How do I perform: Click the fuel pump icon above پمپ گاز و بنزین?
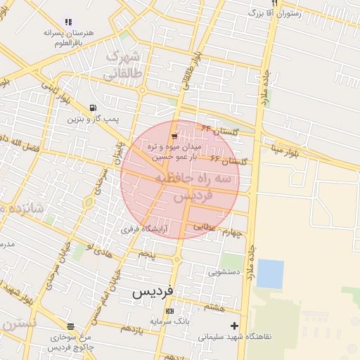pos(94,108)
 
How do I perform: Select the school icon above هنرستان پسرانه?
pos(68,22)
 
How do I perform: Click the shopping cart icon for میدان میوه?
pos(174,136)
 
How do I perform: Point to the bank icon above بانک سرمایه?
pos(169,311)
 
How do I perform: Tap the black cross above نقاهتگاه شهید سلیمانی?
pos(234,326)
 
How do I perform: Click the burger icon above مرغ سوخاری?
pos(70,326)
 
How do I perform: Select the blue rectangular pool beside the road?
pos(270,274)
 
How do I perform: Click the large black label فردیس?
pos(155,292)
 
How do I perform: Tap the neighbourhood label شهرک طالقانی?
pos(123,64)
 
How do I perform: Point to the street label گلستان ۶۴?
pos(220,130)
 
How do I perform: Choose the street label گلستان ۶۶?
pos(228,162)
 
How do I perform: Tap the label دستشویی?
pos(225,271)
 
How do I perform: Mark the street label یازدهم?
pos(131,328)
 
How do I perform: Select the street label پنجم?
pos(146,253)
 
